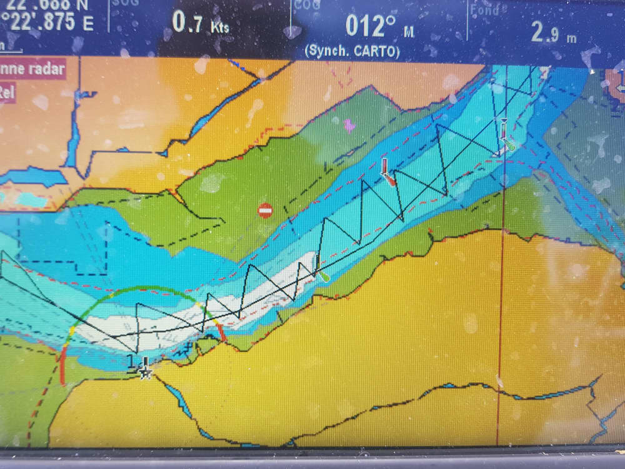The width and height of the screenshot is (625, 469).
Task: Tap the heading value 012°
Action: click(372, 26)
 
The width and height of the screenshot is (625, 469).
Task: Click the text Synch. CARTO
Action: click(352, 51)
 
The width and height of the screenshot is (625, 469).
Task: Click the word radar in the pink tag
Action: click(47, 68)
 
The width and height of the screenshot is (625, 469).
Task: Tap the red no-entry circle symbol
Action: click(265, 210)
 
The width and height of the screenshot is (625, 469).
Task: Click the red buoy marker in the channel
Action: click(387, 176)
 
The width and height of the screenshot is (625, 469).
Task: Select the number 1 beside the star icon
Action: click(130, 360)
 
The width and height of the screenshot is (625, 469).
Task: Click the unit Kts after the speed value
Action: click(219, 28)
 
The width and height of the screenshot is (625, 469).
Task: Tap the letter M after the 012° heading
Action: click(408, 33)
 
